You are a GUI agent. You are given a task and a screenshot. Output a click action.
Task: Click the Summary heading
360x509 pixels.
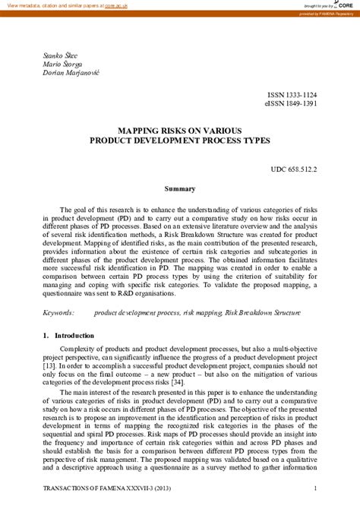point(180,188)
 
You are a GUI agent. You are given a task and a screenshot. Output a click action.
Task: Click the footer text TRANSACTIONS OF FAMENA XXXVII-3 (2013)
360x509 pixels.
point(101,499)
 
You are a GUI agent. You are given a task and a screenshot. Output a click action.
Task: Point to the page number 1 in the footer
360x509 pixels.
point(314,499)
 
